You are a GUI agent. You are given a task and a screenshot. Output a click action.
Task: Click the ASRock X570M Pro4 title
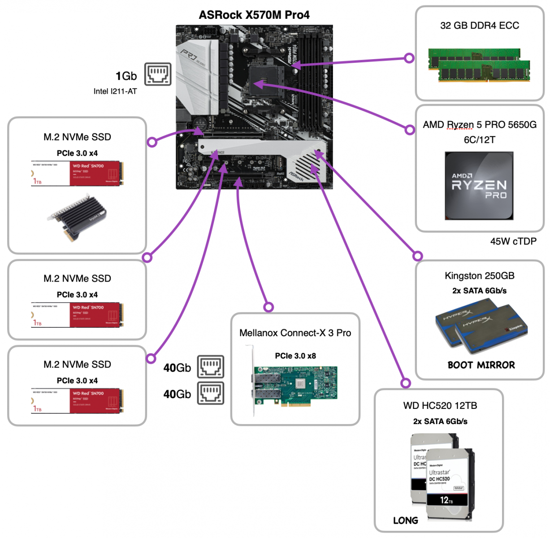tap(254, 15)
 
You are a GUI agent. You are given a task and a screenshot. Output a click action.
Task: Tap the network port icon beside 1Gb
tap(158, 74)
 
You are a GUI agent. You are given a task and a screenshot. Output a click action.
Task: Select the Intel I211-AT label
tap(115, 91)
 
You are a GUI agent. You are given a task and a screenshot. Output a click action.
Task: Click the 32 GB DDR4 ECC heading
tap(480, 26)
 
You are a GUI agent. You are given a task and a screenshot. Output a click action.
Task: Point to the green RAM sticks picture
tap(479, 65)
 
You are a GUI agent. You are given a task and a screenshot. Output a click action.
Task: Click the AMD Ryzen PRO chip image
tap(479, 186)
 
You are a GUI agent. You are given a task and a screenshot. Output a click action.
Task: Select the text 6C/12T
tap(480, 140)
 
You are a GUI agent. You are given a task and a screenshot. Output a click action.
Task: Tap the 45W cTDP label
tap(513, 242)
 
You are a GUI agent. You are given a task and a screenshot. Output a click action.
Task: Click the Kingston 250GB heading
tap(480, 276)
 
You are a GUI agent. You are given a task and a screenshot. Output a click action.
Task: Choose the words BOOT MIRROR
tap(481, 365)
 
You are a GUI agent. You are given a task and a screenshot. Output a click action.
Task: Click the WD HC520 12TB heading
tap(440, 406)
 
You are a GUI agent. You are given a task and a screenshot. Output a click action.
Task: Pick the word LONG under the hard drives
tap(406, 521)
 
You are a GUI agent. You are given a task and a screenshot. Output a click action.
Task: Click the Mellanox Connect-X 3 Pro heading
tap(295, 333)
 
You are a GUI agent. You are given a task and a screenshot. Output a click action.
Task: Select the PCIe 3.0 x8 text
tap(295, 356)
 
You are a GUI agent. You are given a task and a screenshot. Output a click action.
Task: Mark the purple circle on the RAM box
tap(409, 58)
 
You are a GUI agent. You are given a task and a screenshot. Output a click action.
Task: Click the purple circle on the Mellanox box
tap(269, 307)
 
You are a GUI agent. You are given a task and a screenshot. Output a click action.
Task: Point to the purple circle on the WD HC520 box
tap(406, 383)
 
